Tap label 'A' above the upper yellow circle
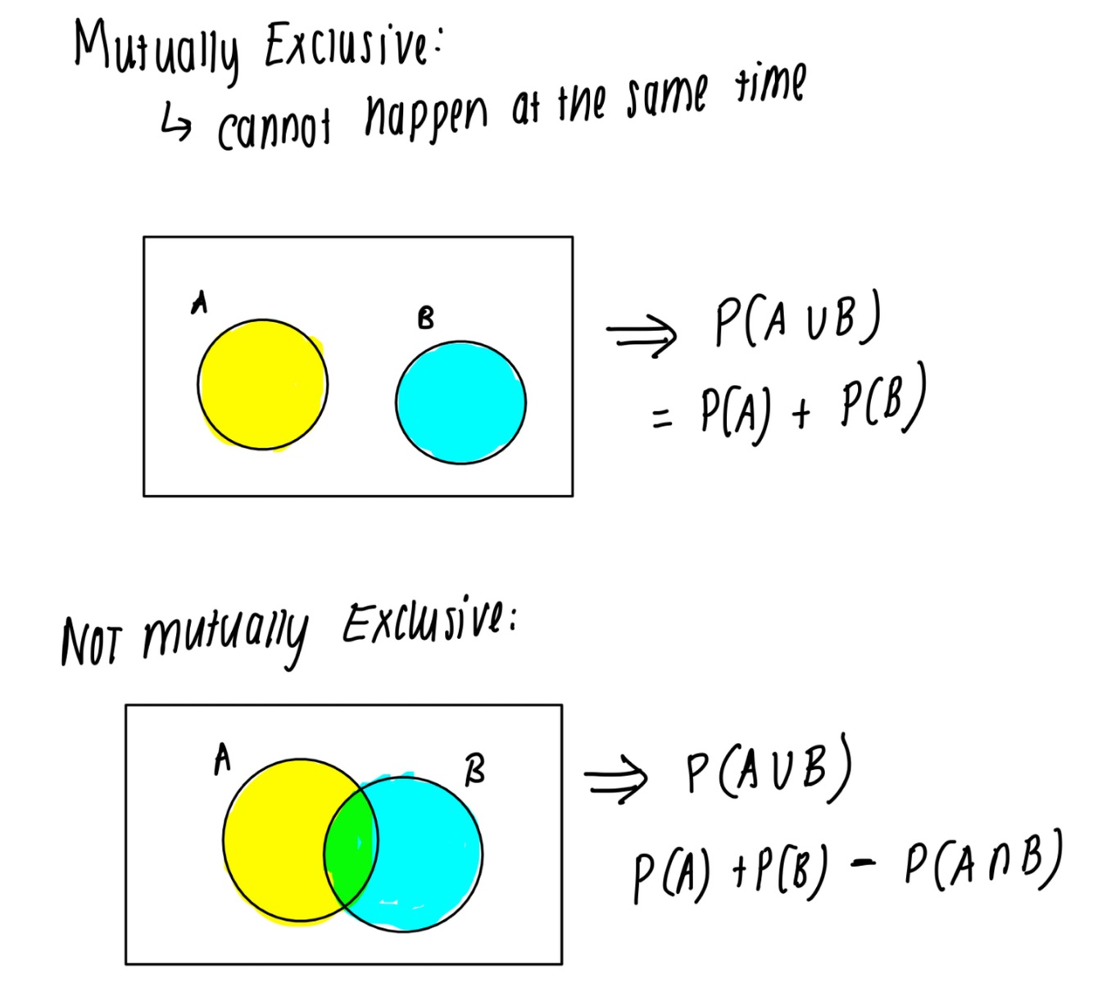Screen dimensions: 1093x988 [198, 303]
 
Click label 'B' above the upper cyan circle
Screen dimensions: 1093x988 [425, 318]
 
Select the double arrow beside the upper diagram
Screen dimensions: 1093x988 [642, 333]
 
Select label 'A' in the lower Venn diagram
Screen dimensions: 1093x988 [221, 759]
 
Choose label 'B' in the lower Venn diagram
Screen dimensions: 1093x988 [474, 770]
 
